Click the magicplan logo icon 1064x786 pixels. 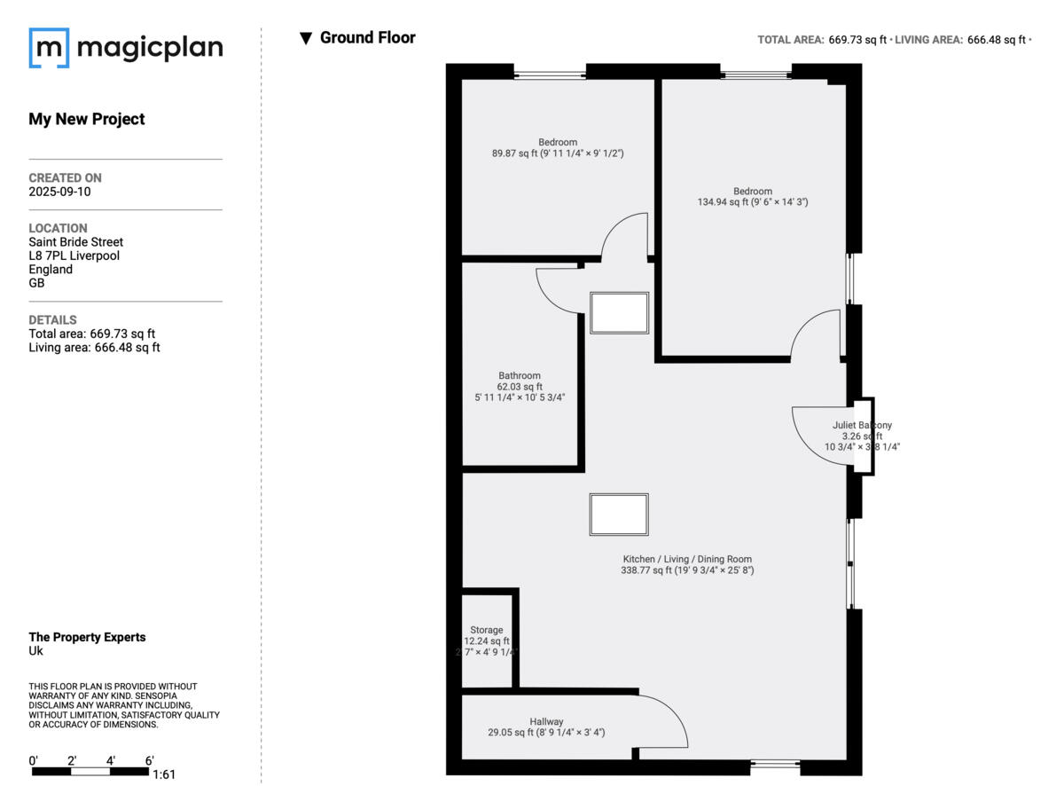49,48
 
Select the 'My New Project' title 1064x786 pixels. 87,119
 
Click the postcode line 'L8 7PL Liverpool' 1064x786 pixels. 74,255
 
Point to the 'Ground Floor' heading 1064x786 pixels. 367,37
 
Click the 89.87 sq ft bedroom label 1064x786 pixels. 558,147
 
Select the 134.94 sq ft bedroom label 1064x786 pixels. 752,196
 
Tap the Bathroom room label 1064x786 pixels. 519,386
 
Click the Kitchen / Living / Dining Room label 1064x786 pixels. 686,565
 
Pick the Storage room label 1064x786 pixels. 486,641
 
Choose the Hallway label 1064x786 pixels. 546,727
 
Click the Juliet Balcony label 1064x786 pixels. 862,436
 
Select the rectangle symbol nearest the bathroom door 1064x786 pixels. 619,313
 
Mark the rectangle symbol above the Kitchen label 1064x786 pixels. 619,515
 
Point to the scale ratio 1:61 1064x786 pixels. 164,774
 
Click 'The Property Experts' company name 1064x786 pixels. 87,637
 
